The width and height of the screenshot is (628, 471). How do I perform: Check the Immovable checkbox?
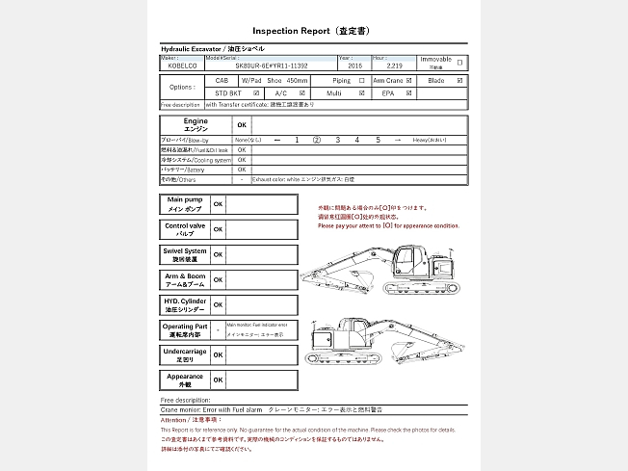(x=459, y=63)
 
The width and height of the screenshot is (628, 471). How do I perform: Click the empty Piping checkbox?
(x=362, y=81)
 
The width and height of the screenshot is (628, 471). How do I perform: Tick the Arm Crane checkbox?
(x=409, y=81)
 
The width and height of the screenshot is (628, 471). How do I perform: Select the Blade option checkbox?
(x=460, y=81)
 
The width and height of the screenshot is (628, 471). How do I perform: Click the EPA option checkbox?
(x=409, y=93)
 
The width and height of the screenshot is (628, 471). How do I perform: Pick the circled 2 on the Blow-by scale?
(x=317, y=140)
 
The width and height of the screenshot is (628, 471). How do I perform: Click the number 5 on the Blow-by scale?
(x=378, y=140)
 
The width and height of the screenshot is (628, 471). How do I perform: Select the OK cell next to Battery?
(x=242, y=170)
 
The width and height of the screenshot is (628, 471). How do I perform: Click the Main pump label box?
(x=185, y=204)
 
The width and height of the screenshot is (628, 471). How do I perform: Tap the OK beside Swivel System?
(x=219, y=255)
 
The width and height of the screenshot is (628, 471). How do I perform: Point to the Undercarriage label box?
(x=185, y=355)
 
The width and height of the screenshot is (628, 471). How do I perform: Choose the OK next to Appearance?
(x=219, y=380)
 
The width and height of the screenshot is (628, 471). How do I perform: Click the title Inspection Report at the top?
(x=313, y=31)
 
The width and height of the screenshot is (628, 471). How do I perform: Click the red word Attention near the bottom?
(x=174, y=420)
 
